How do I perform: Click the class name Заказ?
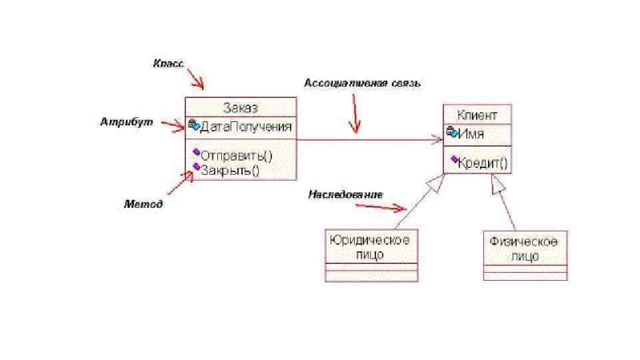point(240,108)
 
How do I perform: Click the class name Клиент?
point(477,115)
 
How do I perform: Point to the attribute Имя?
point(471,133)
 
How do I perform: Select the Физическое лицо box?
point(524,249)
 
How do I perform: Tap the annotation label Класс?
point(168,63)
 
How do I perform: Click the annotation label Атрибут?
point(127,122)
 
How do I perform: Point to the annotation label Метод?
point(143,204)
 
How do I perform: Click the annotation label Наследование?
point(345,195)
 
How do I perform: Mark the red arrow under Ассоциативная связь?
point(355,113)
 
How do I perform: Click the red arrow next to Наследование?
point(382,207)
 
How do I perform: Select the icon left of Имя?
point(451,133)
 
